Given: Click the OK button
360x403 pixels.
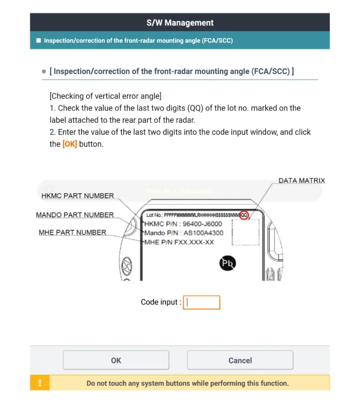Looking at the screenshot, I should click(116, 360).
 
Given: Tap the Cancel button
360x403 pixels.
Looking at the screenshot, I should click(240, 360).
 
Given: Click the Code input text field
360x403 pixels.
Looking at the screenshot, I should click(201, 302).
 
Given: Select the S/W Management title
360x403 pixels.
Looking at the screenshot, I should click(180, 23).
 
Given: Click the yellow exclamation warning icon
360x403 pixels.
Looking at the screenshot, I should click(40, 383).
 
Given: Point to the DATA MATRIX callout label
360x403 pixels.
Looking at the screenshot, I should click(301, 180).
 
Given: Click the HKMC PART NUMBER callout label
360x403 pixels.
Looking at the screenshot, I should click(78, 196).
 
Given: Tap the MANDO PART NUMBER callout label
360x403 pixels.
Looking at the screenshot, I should click(75, 214).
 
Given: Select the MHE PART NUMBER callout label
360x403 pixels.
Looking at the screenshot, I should click(72, 232).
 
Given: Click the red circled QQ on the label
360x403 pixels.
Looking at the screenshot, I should click(244, 215).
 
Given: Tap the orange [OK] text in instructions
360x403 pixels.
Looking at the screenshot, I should click(70, 144).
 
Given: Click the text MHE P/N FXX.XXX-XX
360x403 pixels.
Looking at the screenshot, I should click(179, 242).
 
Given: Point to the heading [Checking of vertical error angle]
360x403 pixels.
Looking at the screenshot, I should click(105, 96).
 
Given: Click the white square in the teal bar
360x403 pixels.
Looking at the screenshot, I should click(38, 40).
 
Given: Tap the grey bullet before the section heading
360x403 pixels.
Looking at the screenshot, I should click(44, 71).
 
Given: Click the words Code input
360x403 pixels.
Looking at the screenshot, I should click(161, 302).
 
